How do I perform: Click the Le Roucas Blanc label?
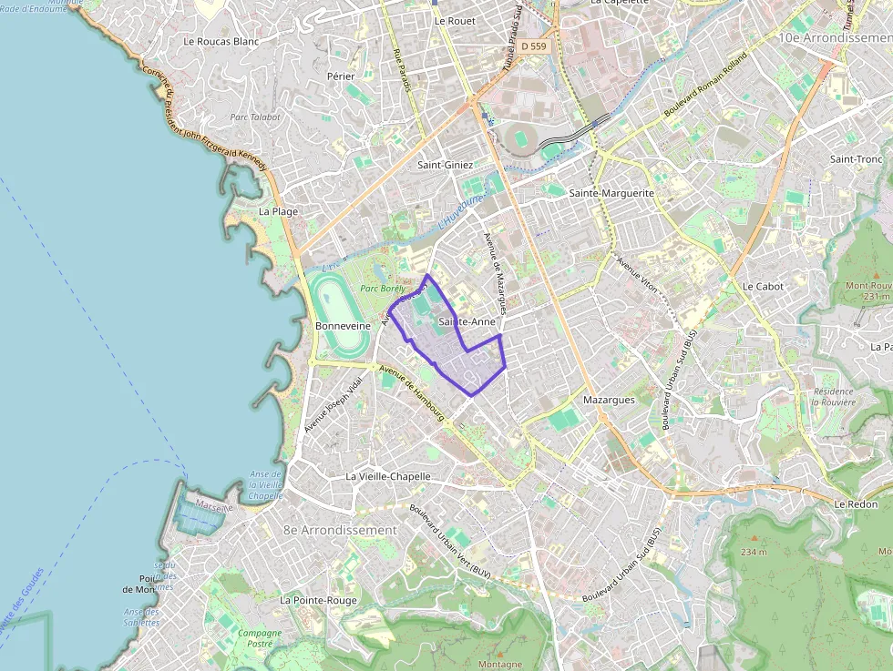(x=221, y=41)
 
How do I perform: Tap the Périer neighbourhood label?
(x=341, y=76)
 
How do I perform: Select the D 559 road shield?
(x=533, y=46)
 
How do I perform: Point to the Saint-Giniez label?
(x=445, y=165)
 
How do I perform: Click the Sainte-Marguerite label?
(x=611, y=193)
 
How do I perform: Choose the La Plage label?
(x=278, y=211)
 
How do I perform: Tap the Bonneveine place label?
(x=343, y=325)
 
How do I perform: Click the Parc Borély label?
(x=381, y=289)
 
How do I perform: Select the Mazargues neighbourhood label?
(x=608, y=399)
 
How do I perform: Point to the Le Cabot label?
(x=763, y=286)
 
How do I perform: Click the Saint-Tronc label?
(x=856, y=159)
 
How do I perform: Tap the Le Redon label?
(x=855, y=503)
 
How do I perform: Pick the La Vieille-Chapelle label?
(x=387, y=476)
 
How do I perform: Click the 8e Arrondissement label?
(x=340, y=530)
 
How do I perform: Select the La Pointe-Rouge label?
(x=319, y=600)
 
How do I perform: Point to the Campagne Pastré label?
(x=260, y=638)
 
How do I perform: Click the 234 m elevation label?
(x=754, y=552)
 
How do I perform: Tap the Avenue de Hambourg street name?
(x=411, y=392)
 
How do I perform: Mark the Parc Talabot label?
(x=255, y=117)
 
